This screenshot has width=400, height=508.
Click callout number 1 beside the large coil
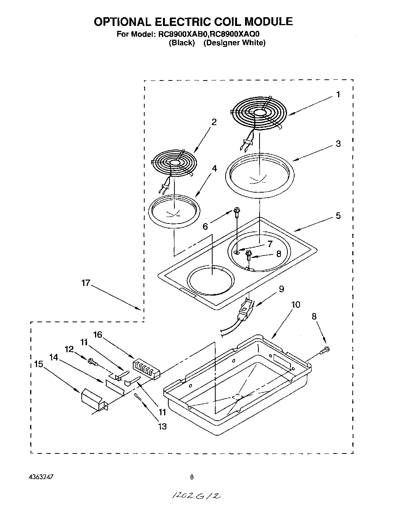(x=338, y=94)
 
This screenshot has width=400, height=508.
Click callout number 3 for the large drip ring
(x=338, y=144)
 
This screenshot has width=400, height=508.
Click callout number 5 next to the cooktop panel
(x=338, y=215)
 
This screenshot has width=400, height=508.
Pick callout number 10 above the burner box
(x=295, y=304)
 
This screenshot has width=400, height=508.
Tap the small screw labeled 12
(x=91, y=361)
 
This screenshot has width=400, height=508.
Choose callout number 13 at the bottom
(x=162, y=426)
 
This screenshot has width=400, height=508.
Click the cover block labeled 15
(x=92, y=399)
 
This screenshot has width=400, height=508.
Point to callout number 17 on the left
(x=85, y=283)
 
